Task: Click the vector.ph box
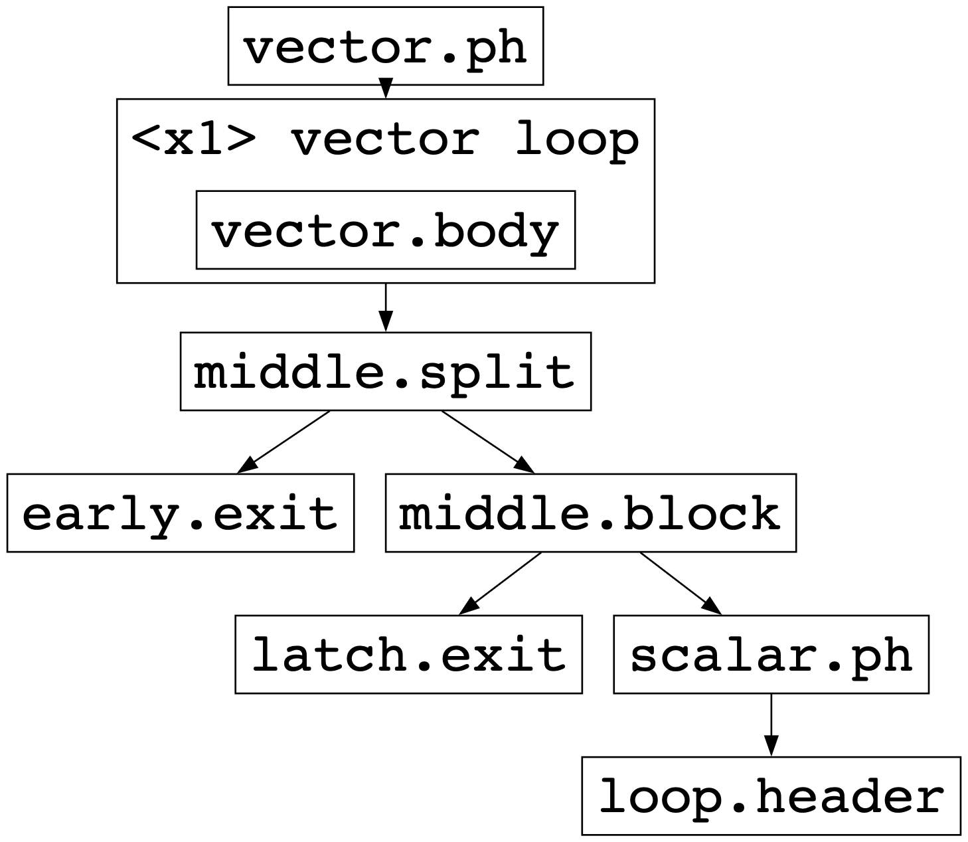point(385,46)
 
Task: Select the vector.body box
point(385,230)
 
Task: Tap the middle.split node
point(385,371)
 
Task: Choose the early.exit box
point(180,513)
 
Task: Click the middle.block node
point(590,513)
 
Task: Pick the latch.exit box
point(408,654)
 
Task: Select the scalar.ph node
point(771,654)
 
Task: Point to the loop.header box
point(771,796)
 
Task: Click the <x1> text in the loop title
point(193,139)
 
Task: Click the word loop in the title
point(576,139)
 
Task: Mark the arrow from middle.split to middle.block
point(486,441)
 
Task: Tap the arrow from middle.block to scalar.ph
point(679,582)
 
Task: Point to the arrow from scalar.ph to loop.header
point(771,722)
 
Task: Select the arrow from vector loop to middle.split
point(385,305)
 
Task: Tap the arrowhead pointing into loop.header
point(771,746)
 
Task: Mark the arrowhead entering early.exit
point(246,466)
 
